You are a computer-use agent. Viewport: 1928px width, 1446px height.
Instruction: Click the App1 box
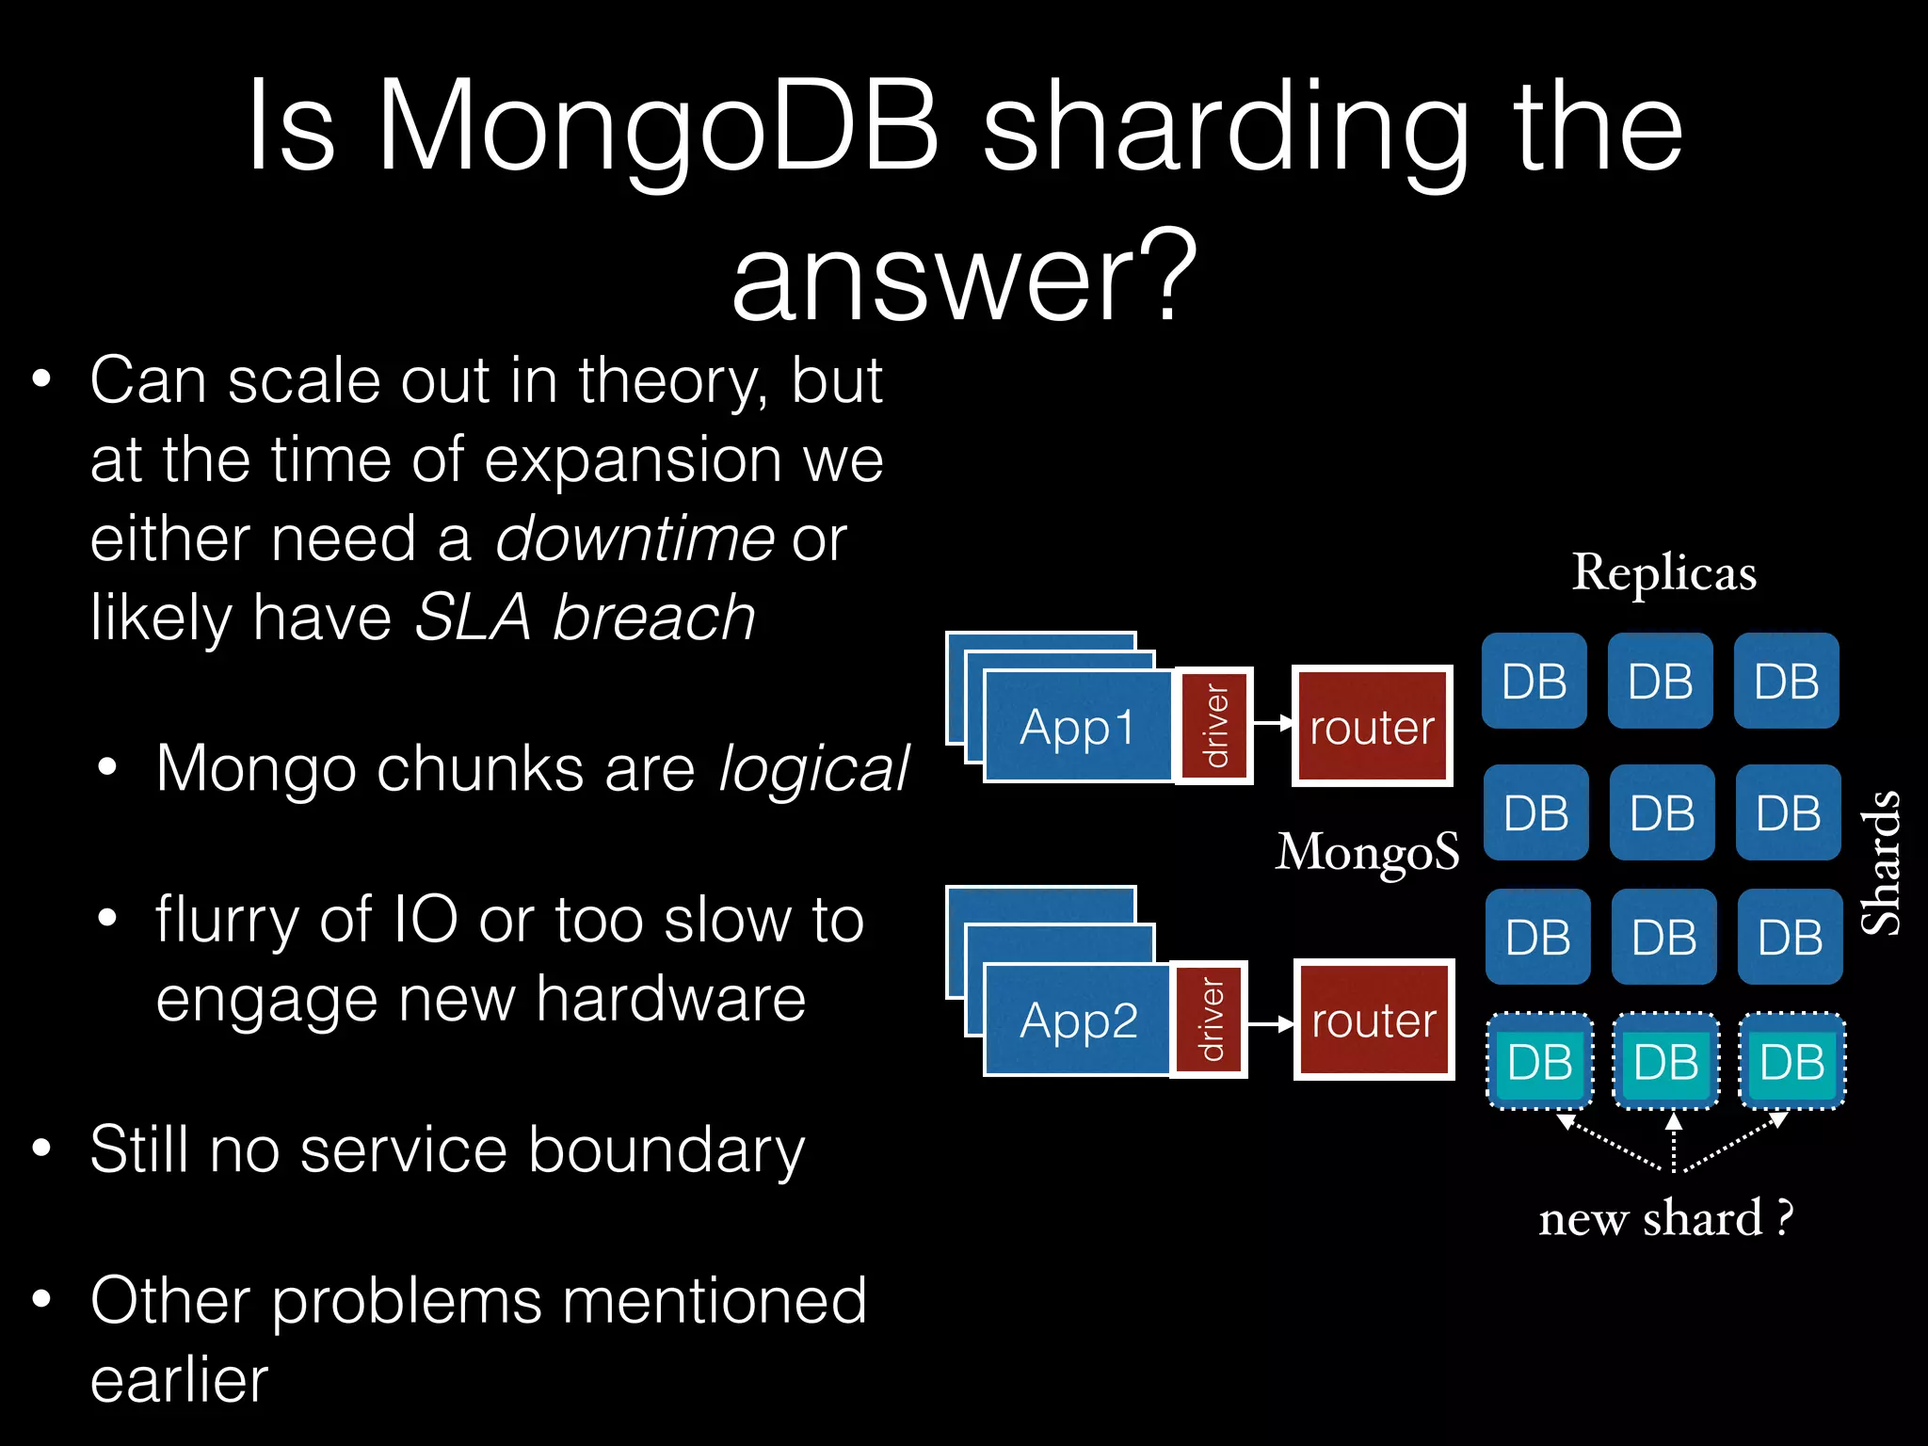(x=1078, y=727)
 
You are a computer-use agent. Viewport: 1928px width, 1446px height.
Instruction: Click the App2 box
(x=1078, y=1020)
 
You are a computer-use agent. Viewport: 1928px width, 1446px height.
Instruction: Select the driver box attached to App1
(x=1215, y=726)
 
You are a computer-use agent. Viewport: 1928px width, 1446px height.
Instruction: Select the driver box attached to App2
(x=1210, y=1020)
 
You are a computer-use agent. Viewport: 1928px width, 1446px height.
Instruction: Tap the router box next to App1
(x=1373, y=727)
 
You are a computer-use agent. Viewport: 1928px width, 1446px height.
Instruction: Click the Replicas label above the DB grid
(x=1663, y=572)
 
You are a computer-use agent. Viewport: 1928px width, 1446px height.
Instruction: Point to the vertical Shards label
(x=1882, y=862)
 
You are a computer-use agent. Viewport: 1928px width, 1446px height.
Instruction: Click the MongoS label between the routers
(x=1367, y=852)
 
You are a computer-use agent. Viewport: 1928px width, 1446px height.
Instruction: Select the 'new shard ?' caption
(x=1665, y=1218)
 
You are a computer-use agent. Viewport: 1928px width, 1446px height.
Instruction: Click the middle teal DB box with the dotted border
(x=1665, y=1062)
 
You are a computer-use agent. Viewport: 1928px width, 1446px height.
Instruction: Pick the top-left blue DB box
(x=1534, y=682)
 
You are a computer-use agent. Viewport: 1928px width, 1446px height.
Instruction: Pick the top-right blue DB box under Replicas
(x=1786, y=682)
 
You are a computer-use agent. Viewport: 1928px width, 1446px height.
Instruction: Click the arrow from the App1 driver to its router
(x=1273, y=723)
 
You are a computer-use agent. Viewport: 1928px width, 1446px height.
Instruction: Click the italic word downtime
(x=635, y=538)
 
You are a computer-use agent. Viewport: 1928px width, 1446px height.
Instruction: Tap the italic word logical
(x=813, y=768)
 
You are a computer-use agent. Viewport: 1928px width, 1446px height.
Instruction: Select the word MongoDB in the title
(x=658, y=126)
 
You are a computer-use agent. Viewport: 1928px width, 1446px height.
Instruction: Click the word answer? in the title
(x=964, y=279)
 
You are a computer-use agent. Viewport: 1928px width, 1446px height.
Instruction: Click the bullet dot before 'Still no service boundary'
(x=40, y=1149)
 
